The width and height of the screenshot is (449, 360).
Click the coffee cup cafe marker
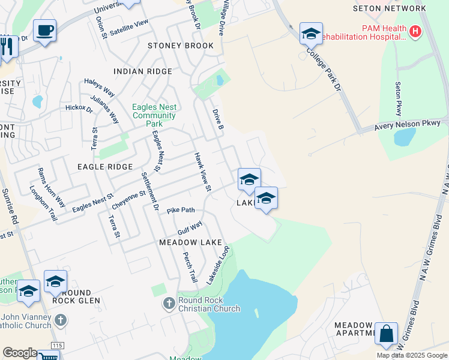tap(44, 30)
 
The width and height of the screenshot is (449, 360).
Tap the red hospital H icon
tap(415, 31)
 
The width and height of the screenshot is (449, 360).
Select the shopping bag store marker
tap(386, 334)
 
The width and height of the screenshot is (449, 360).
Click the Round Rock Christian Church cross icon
tap(169, 304)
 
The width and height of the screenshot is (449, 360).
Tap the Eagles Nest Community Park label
tap(154, 115)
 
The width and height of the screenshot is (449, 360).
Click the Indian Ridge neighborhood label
tap(143, 71)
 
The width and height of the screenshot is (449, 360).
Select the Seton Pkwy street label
tap(398, 99)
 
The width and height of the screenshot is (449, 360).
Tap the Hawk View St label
tap(202, 172)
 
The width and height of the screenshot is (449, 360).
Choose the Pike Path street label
tap(181, 211)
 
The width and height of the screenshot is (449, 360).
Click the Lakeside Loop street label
tap(218, 265)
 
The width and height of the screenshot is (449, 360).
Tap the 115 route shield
tap(57, 346)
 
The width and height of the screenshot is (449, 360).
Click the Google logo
tap(20, 353)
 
